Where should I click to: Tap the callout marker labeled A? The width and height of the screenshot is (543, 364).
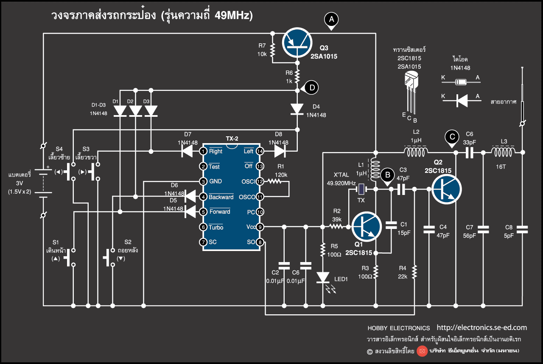(331, 19)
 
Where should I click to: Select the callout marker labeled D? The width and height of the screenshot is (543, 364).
(312, 88)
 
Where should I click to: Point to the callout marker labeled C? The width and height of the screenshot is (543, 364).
(452, 137)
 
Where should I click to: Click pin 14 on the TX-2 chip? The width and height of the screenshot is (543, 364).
(260, 151)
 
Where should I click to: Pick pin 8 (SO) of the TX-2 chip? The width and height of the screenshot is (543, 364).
(260, 242)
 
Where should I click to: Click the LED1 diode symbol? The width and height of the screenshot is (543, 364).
(323, 277)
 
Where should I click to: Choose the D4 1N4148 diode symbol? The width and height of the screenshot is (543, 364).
(297, 109)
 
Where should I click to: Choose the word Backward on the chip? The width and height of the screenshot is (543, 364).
(221, 197)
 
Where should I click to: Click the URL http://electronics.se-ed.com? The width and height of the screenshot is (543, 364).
(481, 327)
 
